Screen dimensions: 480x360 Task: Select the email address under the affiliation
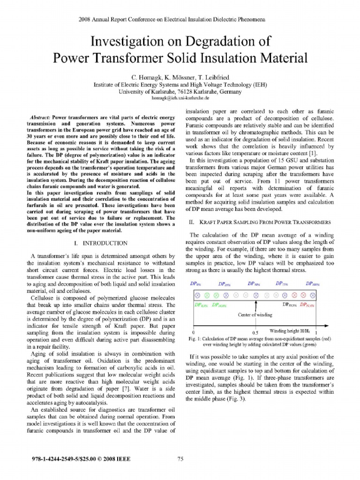(x=180, y=98)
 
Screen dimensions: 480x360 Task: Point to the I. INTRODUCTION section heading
(x=101, y=243)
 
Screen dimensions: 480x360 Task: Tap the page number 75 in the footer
(x=180, y=458)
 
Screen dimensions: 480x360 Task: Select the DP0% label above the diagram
(x=195, y=284)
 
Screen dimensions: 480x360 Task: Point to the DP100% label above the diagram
(x=313, y=284)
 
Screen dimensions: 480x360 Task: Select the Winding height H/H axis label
(x=293, y=330)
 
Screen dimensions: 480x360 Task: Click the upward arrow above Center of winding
(x=256, y=306)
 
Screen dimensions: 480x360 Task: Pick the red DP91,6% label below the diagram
(x=307, y=305)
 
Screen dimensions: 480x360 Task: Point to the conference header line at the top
(x=180, y=20)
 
